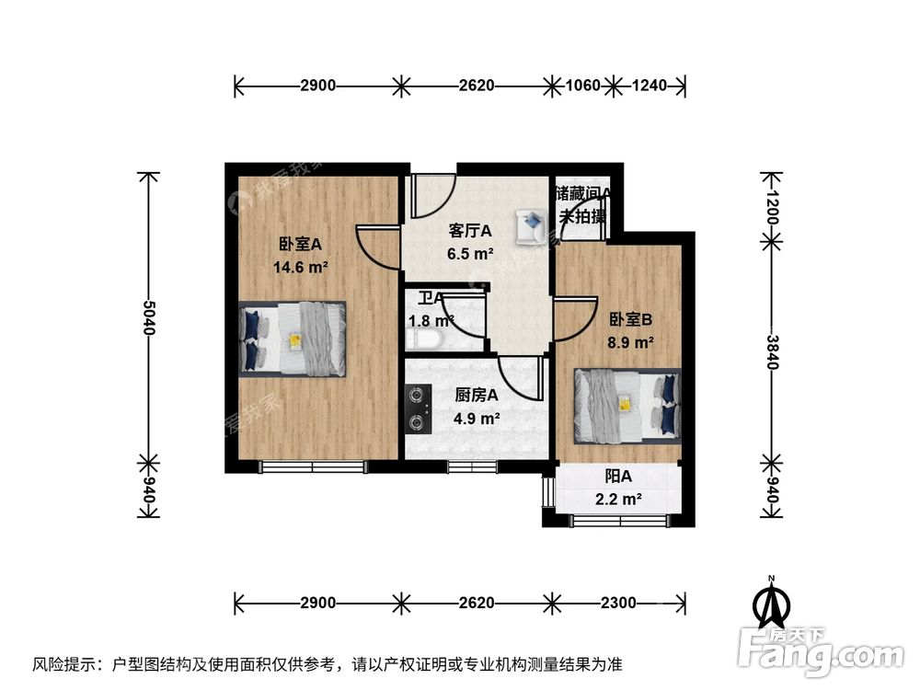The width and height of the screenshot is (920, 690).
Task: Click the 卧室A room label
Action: pyautogui.click(x=300, y=245)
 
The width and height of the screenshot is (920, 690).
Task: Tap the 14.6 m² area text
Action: pyautogui.click(x=301, y=268)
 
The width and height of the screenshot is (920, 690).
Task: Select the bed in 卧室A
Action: pyautogui.click(x=293, y=338)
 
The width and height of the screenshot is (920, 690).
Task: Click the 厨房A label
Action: pyautogui.click(x=477, y=396)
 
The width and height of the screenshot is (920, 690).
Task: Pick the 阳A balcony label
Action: pyautogui.click(x=618, y=477)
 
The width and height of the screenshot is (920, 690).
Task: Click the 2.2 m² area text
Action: pyautogui.click(x=618, y=500)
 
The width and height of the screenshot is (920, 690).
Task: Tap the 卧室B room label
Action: pyautogui.click(x=631, y=319)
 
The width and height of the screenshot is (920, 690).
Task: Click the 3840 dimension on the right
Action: pyautogui.click(x=772, y=351)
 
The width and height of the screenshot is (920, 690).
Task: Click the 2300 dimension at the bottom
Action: pyautogui.click(x=617, y=603)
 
